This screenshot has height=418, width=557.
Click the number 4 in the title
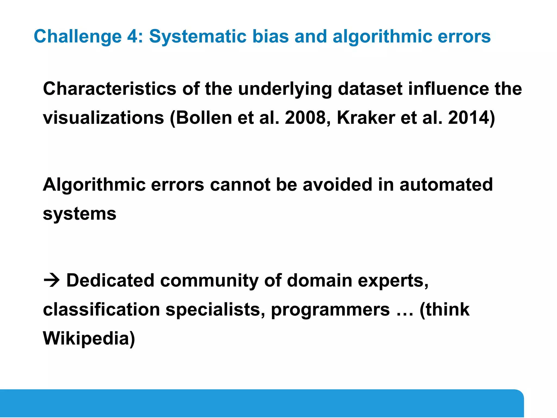pos(132,36)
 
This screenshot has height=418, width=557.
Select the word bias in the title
pos(270,36)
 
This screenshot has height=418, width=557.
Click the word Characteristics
pos(110,89)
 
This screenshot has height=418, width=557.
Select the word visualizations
pos(104,118)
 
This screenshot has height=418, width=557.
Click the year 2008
pos(305,118)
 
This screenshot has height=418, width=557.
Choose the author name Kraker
pos(366,118)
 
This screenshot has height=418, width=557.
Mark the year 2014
pos(468,118)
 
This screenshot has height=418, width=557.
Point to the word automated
pos(446,185)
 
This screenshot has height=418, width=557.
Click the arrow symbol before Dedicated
pos(51,281)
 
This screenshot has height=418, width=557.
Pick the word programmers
pos(330,310)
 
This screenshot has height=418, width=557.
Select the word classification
pos(101,309)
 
